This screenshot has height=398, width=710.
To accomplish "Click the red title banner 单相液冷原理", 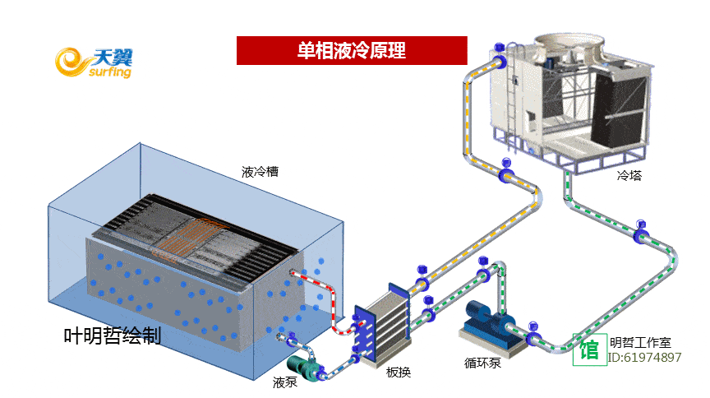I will [x=351, y=51].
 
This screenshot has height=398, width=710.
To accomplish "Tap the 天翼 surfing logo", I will [x=94, y=62].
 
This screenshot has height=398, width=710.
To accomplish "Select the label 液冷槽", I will [x=260, y=173].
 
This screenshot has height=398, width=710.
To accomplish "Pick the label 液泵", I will [x=285, y=382].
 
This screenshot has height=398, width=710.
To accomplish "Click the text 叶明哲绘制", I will [x=113, y=336].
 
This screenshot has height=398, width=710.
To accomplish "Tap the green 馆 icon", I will [x=589, y=350].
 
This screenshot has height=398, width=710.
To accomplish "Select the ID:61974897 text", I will [x=645, y=358].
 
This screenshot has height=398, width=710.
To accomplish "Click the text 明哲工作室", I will [x=641, y=342].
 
